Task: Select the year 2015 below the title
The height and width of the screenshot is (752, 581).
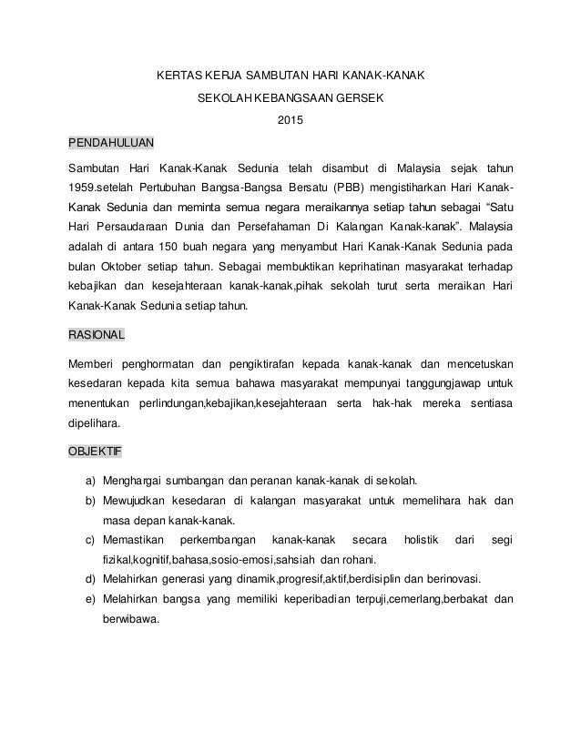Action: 290,118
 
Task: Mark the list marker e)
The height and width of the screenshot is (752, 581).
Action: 91,599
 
